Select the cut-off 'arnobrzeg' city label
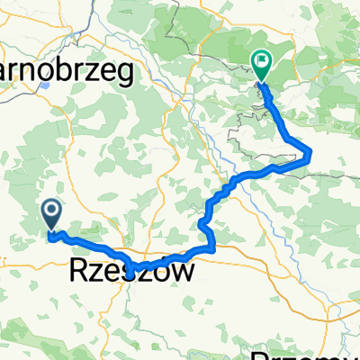pos(67,69)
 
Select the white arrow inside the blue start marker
pos(51,212)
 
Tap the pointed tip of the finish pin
pos(261,84)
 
